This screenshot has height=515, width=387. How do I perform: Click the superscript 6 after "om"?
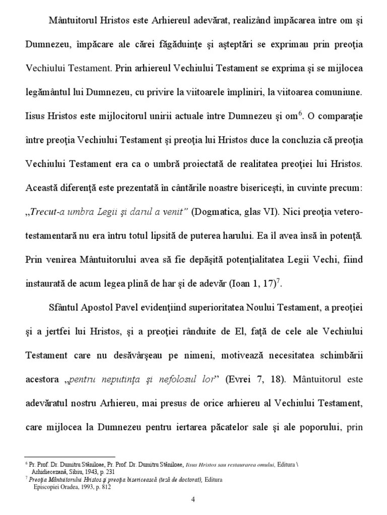(x=301, y=113)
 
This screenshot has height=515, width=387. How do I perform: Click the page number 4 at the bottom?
(x=193, y=500)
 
